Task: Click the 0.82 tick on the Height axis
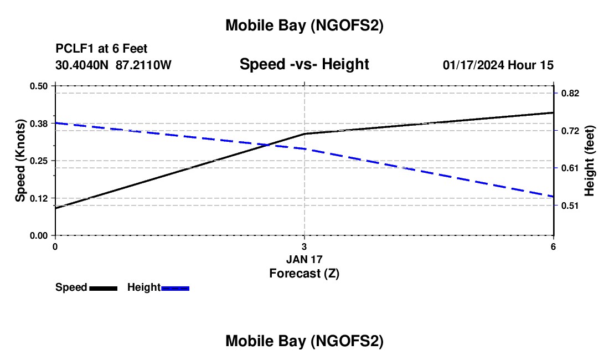click(570, 94)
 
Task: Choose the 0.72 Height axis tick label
click(570, 131)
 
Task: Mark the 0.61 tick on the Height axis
click(570, 168)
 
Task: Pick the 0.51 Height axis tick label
click(570, 205)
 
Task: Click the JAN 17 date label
click(304, 259)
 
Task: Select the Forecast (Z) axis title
click(304, 273)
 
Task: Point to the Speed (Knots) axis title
click(20, 161)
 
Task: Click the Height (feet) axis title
click(589, 161)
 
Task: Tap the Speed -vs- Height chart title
click(304, 64)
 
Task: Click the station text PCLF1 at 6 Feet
click(101, 49)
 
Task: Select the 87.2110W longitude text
click(143, 65)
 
